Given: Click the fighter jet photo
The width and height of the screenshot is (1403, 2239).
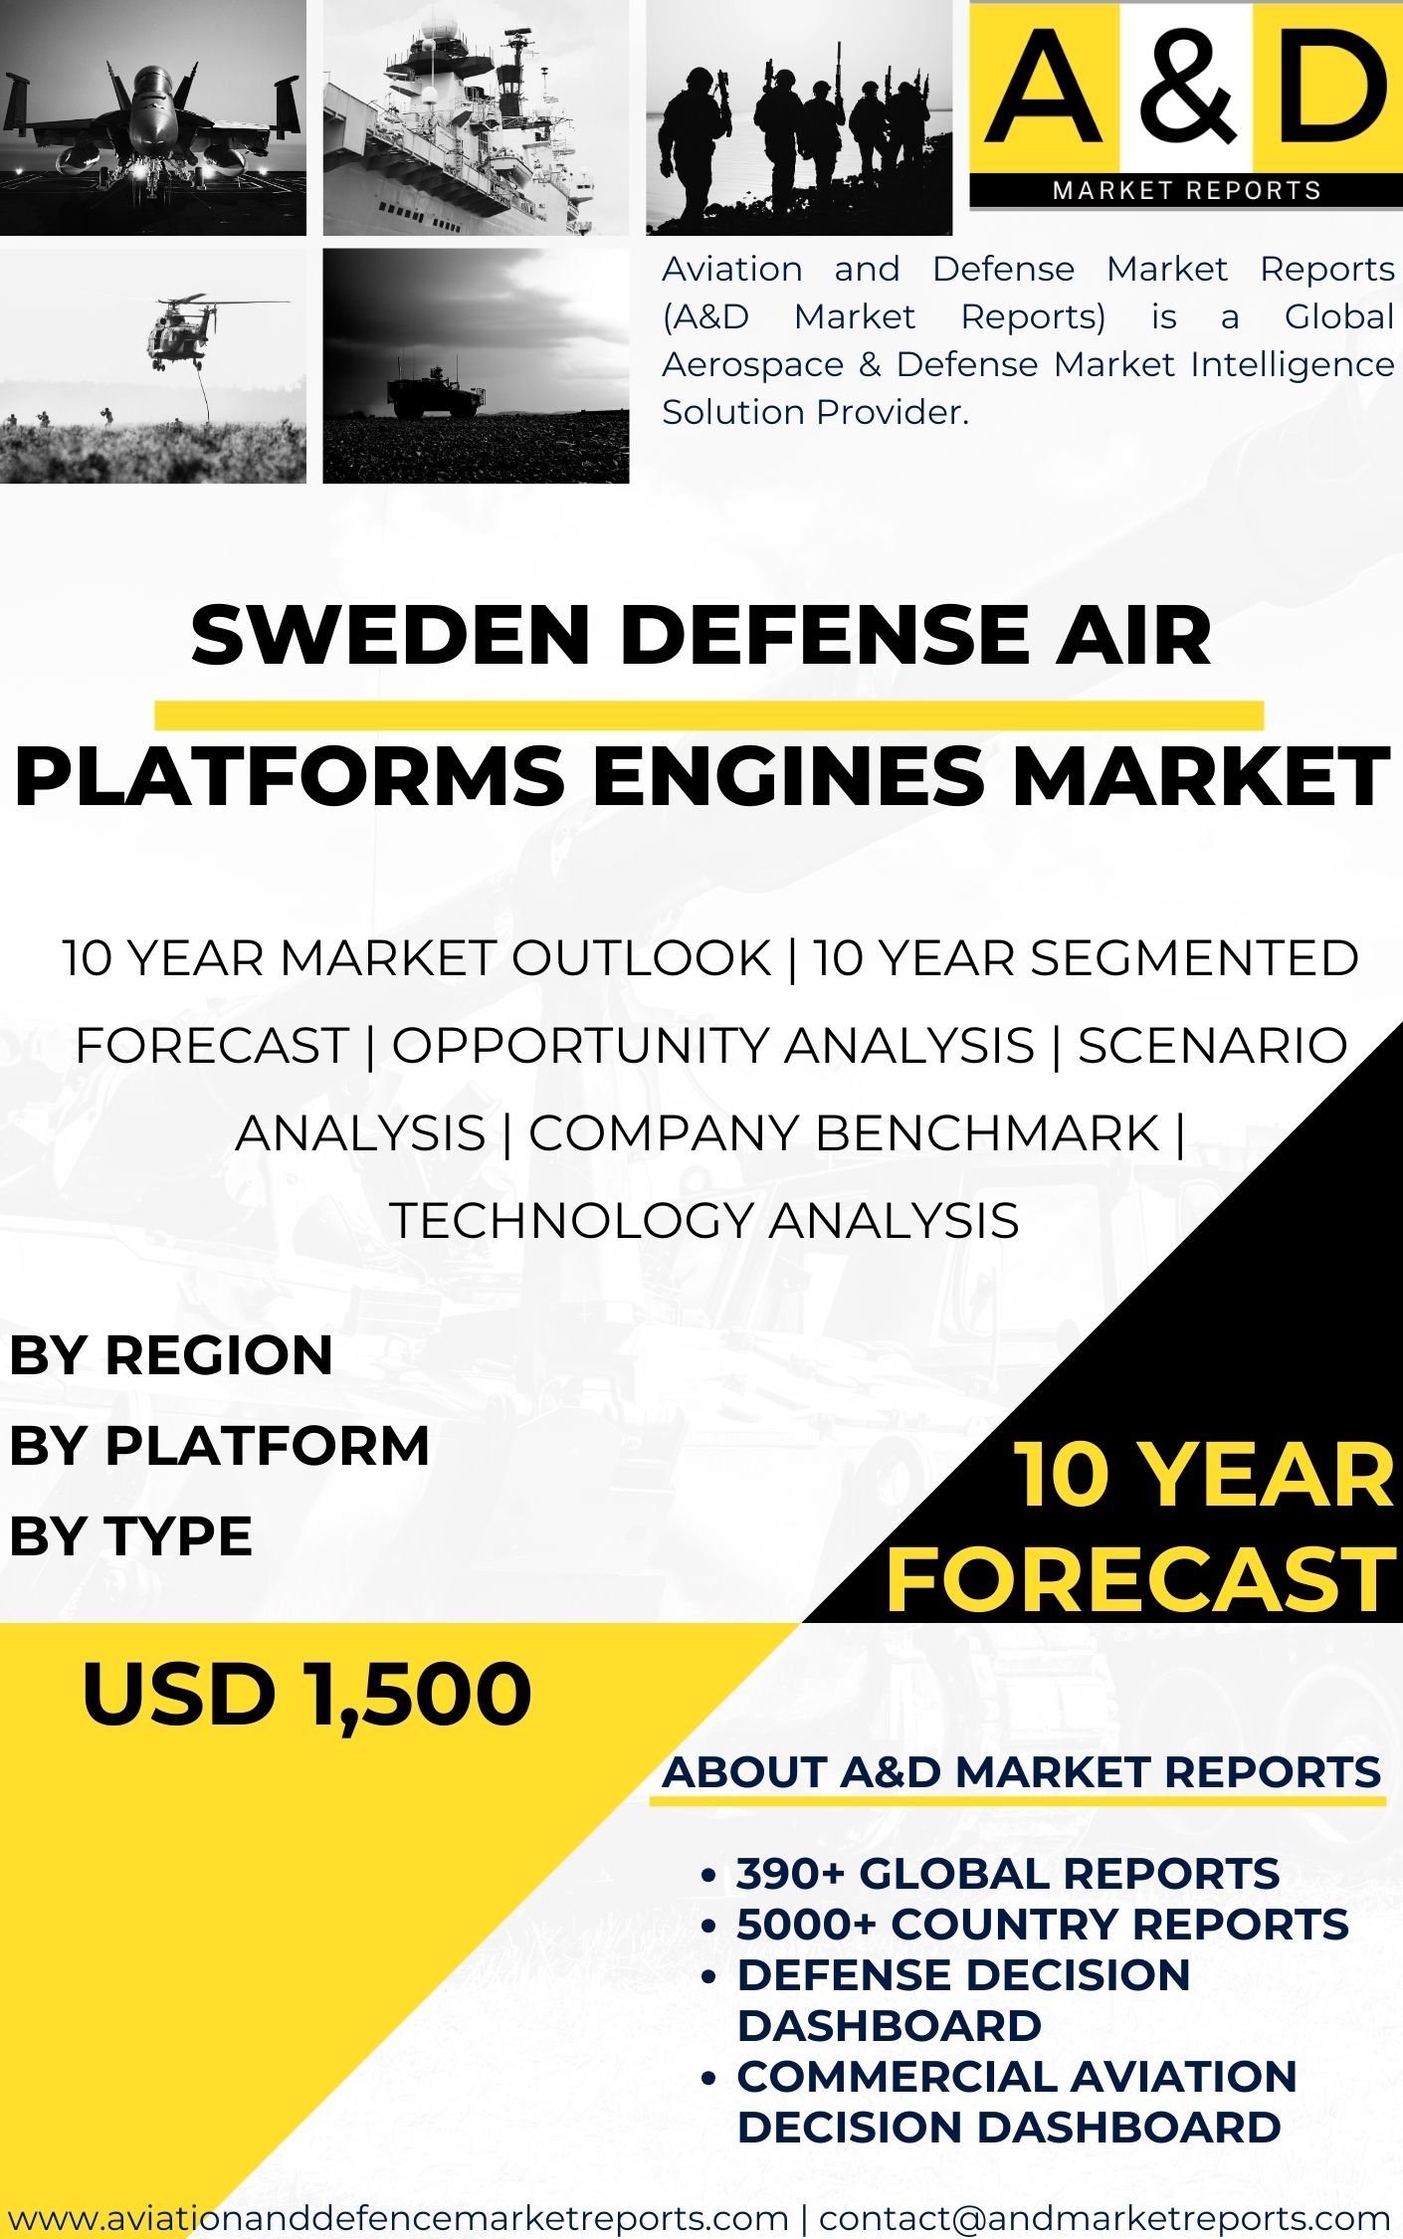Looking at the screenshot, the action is click(x=153, y=117).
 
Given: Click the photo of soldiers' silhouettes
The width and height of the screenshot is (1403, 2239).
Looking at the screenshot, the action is click(x=799, y=117).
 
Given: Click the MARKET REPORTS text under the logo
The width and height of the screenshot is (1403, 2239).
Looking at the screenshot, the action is click(x=1187, y=190).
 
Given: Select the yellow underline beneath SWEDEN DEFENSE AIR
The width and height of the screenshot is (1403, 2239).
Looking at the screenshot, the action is click(x=708, y=714).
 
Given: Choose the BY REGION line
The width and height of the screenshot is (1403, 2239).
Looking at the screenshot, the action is click(x=171, y=1355).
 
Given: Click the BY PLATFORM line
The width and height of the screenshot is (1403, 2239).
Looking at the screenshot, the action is click(x=219, y=1445).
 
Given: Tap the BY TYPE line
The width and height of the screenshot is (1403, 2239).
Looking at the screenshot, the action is click(x=130, y=1535).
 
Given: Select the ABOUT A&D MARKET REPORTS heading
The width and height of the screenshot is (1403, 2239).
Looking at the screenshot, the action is click(x=1022, y=1772).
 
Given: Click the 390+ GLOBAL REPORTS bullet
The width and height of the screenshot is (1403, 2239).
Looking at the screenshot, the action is click(x=1007, y=1874).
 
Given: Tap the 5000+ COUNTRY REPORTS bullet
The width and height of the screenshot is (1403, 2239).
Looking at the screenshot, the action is click(x=1042, y=1925).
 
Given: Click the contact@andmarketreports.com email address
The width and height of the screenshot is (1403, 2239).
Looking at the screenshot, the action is click(x=1104, y=2218).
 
